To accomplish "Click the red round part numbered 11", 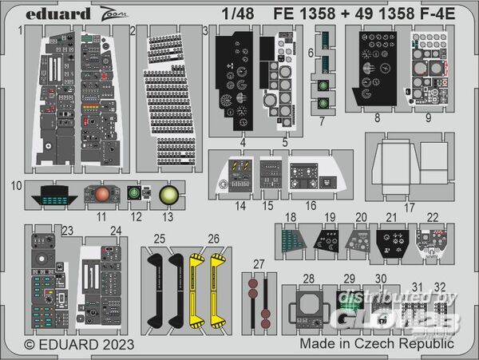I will [x=101, y=194].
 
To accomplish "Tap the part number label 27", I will [x=257, y=263].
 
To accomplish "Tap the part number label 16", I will [x=311, y=206].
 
